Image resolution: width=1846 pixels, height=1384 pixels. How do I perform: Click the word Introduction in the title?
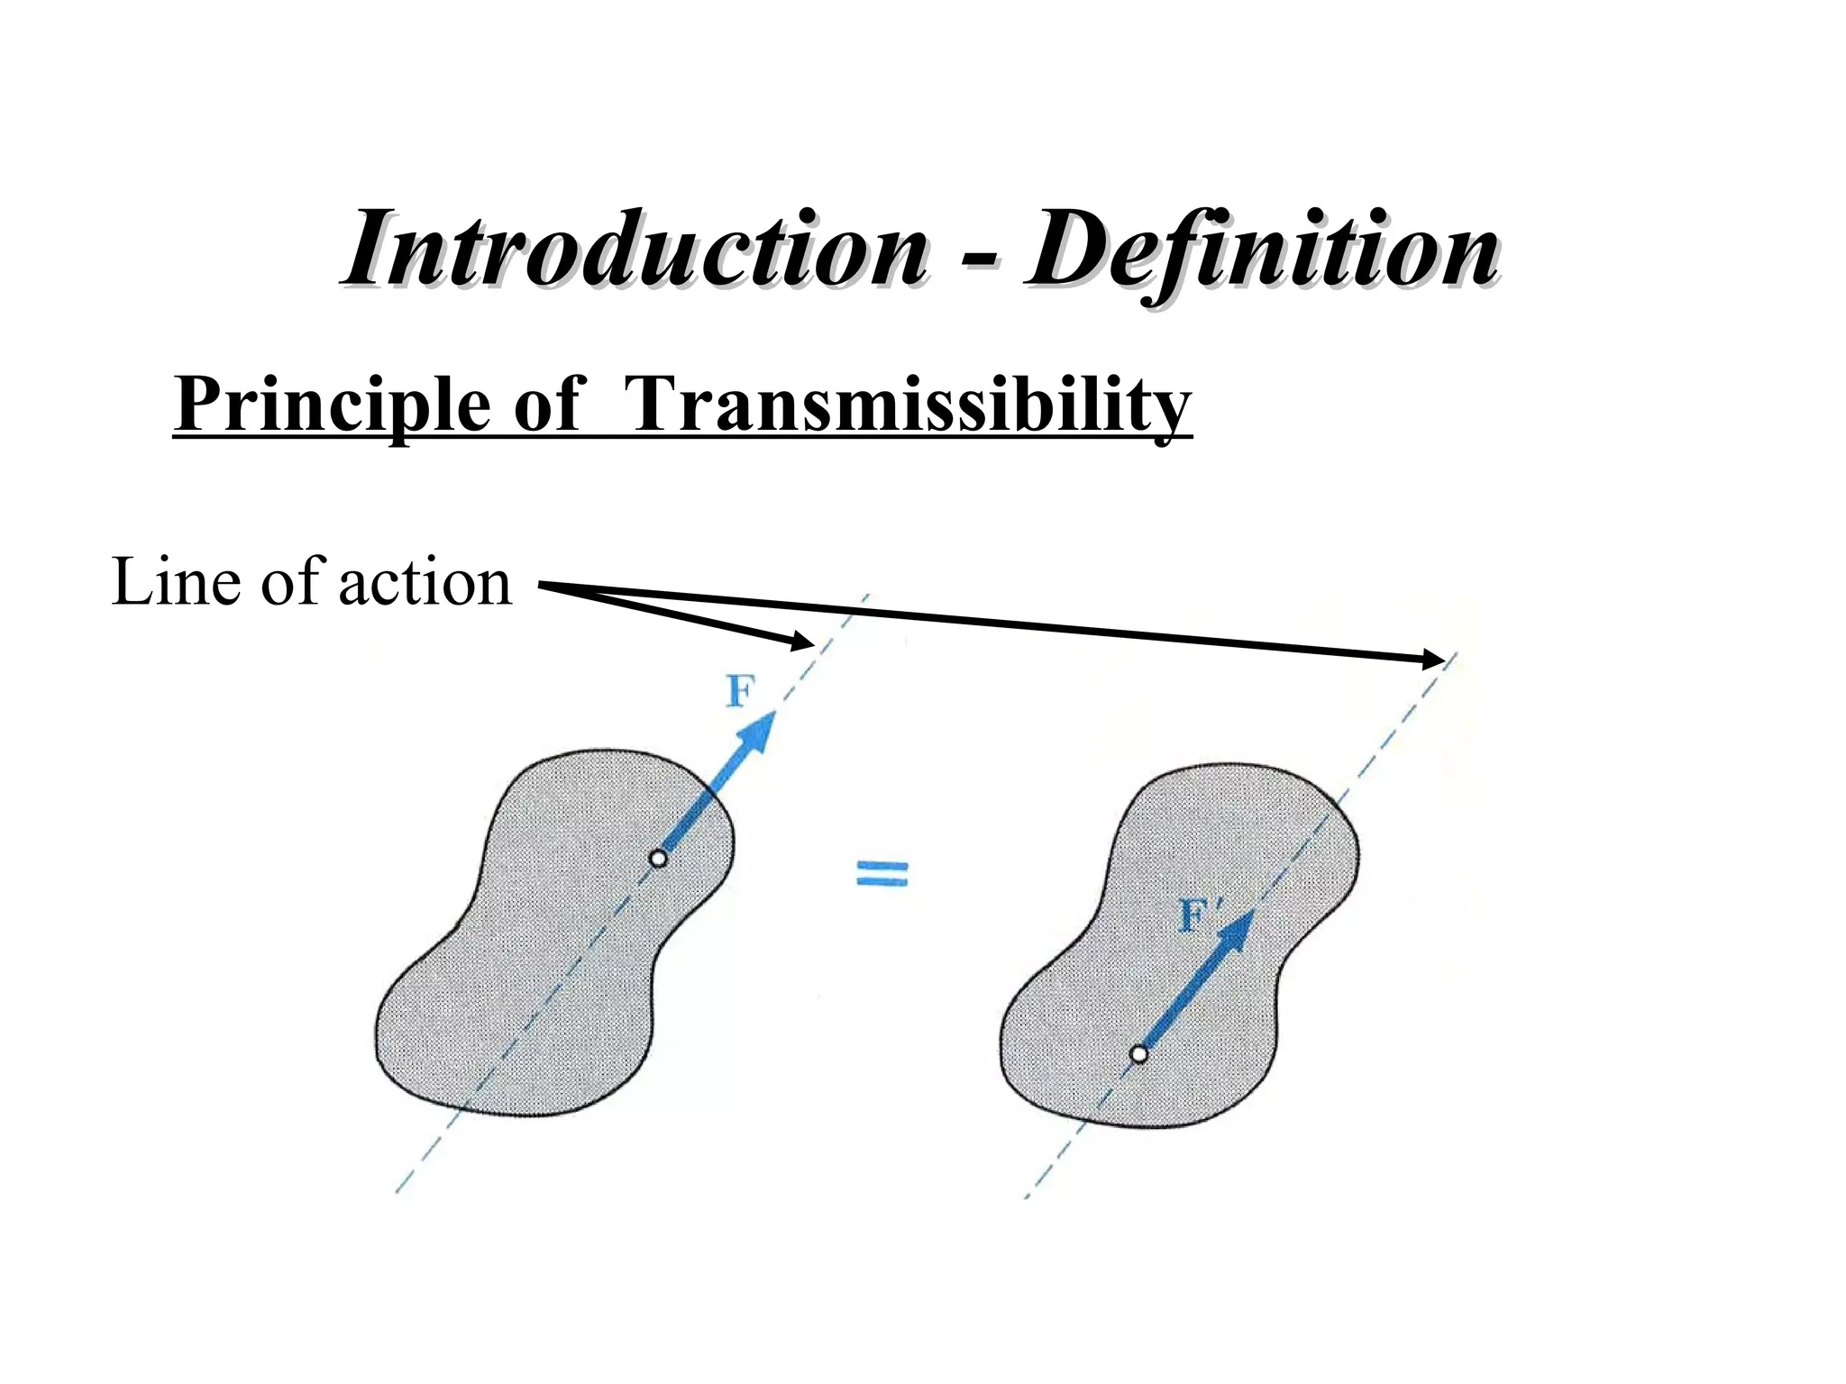point(635,248)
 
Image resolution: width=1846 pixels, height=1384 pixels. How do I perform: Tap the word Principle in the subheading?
point(334,405)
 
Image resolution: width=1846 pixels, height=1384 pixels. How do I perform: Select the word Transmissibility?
point(906,405)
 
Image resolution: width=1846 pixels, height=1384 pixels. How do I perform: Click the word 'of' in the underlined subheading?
point(547,405)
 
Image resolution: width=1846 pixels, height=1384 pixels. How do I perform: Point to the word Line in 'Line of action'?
point(176,582)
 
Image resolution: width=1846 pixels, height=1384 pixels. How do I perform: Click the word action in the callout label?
point(425,584)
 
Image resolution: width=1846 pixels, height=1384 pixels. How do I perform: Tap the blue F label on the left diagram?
point(741,692)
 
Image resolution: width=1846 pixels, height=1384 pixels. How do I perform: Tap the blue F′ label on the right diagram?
point(1201,917)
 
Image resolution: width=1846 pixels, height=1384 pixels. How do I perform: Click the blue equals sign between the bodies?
point(882,872)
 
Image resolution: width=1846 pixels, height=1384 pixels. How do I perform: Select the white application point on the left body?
point(659,859)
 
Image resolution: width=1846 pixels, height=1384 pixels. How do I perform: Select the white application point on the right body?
point(1139,1053)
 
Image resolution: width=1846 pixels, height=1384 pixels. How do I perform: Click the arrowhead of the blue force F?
point(757,732)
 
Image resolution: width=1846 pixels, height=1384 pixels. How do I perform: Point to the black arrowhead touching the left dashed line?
point(802,642)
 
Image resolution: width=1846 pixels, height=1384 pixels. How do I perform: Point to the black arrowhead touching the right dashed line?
point(1433,660)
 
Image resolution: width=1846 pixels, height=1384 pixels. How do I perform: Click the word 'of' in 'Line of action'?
point(290,582)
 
